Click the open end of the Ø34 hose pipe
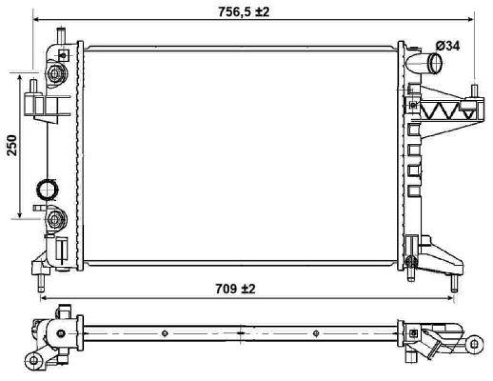[436, 62]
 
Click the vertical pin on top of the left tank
[60, 35]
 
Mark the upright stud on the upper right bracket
[475, 91]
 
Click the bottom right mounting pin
[454, 283]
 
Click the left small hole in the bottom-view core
[164, 334]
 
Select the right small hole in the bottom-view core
[316, 334]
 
